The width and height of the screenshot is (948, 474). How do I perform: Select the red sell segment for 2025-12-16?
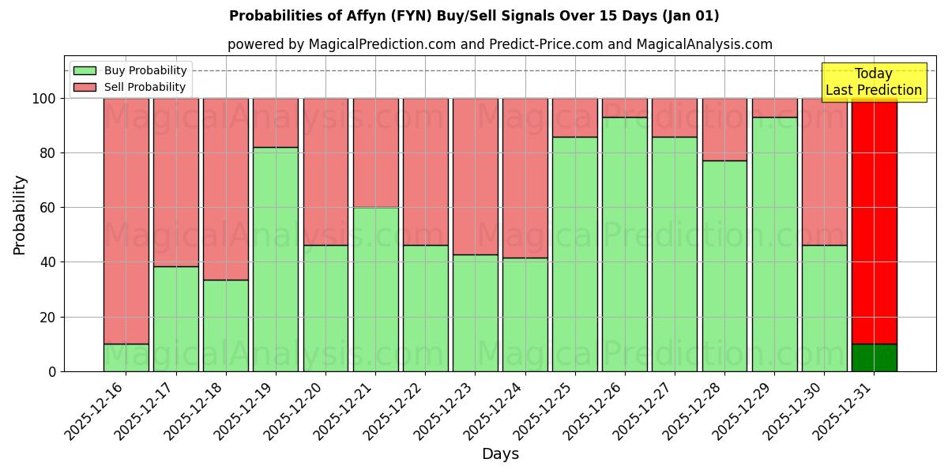[126, 221]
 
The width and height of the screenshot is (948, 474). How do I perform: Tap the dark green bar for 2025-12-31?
[874, 357]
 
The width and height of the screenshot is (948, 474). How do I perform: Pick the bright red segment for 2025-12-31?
[874, 221]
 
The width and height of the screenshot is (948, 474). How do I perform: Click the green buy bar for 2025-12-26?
[625, 244]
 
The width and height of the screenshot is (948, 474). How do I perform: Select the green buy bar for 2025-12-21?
[375, 289]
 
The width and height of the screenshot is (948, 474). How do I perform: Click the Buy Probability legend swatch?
[85, 71]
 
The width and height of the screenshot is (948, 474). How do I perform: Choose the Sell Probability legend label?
[145, 88]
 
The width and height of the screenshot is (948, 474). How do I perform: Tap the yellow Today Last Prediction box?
[874, 83]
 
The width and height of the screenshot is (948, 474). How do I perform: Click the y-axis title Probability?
[20, 215]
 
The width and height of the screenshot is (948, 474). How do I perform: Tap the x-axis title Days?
[500, 454]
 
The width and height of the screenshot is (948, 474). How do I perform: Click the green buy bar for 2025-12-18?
[226, 325]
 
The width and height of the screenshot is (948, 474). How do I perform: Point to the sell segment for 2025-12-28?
[724, 130]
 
